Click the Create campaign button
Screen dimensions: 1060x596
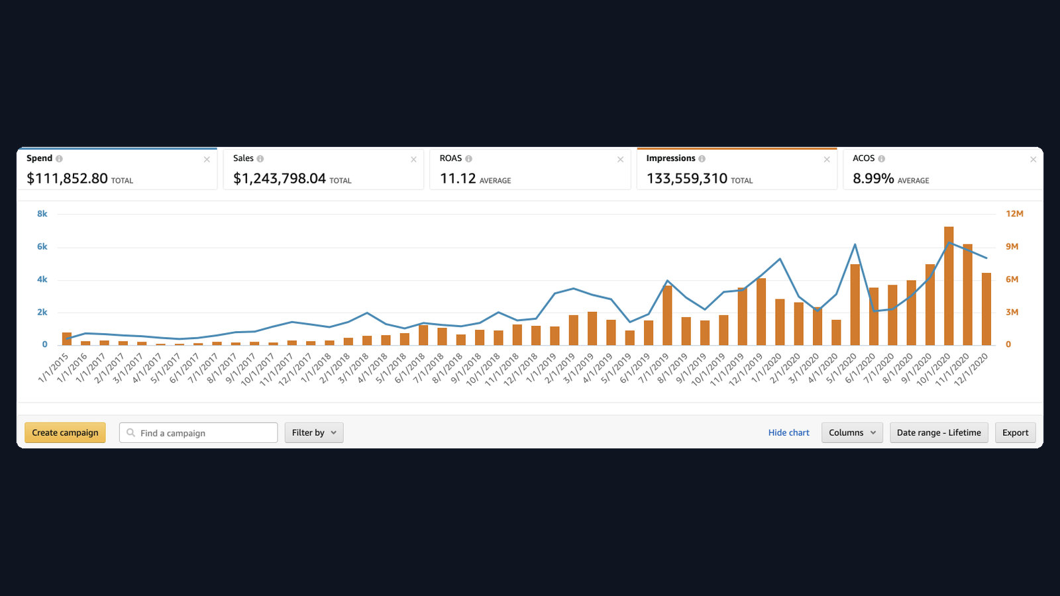tap(65, 432)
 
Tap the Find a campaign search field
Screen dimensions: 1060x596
tap(198, 432)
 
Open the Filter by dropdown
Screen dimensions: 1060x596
tap(314, 432)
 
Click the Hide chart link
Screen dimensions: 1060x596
tap(788, 432)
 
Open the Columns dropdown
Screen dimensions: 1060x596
tap(852, 432)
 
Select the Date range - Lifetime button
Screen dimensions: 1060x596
tap(939, 432)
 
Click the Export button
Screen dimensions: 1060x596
tap(1016, 432)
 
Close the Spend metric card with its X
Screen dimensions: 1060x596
tap(207, 160)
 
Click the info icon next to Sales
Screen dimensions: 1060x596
tap(260, 158)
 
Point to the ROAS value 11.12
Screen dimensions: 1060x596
tap(458, 178)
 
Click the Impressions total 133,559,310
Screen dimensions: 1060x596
tap(686, 178)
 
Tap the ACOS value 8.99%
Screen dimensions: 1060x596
tap(873, 178)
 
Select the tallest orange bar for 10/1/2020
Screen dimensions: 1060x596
tap(949, 285)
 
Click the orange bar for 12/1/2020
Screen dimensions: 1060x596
tap(986, 309)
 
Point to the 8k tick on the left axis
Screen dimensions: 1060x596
tap(42, 214)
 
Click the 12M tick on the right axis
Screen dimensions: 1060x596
tap(1014, 214)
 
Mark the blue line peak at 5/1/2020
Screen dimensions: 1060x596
tap(855, 244)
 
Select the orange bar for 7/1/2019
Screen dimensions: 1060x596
tap(667, 315)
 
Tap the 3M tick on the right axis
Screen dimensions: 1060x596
tap(1012, 312)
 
